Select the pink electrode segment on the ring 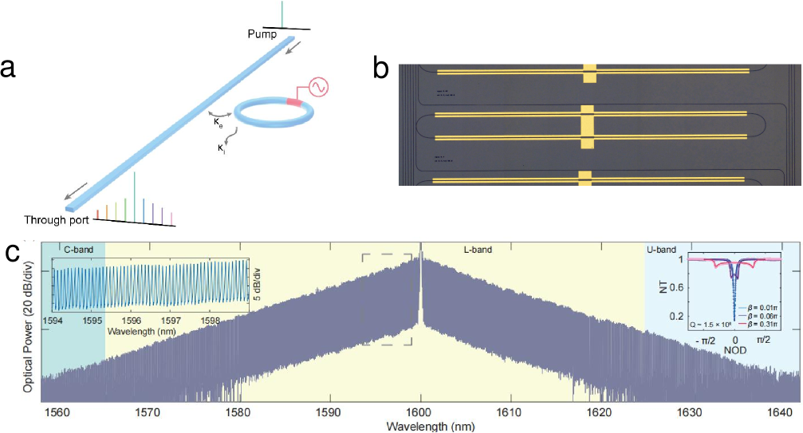(x=295, y=101)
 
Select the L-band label (x=478, y=250)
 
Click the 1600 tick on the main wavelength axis (x=420, y=413)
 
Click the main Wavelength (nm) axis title (x=420, y=426)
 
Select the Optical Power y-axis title (x=28, y=319)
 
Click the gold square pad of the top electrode (x=590, y=73)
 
